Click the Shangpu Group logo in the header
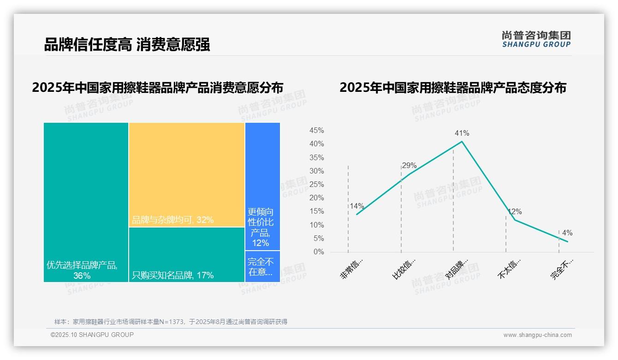pyautogui.click(x=536, y=39)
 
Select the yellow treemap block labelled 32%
pyautogui.click(x=187, y=174)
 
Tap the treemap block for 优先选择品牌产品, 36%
pyautogui.click(x=86, y=202)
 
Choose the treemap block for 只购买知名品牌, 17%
pyautogui.click(x=187, y=254)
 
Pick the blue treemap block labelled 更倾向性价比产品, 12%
pyautogui.click(x=262, y=186)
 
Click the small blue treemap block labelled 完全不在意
pyautogui.click(x=262, y=266)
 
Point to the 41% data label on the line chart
pyautogui.click(x=462, y=133)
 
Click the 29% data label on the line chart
pyautogui.click(x=409, y=166)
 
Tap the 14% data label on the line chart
pyautogui.click(x=357, y=206)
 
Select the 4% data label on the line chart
pyautogui.click(x=567, y=233)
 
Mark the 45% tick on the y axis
pyautogui.click(x=316, y=131)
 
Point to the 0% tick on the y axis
pyautogui.click(x=319, y=252)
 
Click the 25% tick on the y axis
pyautogui.click(x=316, y=185)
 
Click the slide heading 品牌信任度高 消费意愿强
pyautogui.click(x=127, y=44)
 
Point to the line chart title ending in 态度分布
pyautogui.click(x=452, y=88)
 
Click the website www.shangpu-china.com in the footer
pyautogui.click(x=537, y=335)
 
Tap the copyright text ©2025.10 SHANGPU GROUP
pyautogui.click(x=92, y=335)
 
